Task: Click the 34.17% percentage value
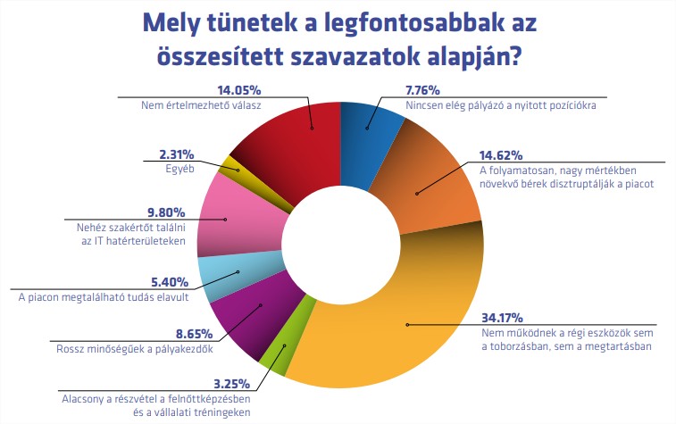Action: tap(503, 317)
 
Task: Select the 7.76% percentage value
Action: tap(427, 89)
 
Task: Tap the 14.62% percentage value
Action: tap(502, 154)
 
